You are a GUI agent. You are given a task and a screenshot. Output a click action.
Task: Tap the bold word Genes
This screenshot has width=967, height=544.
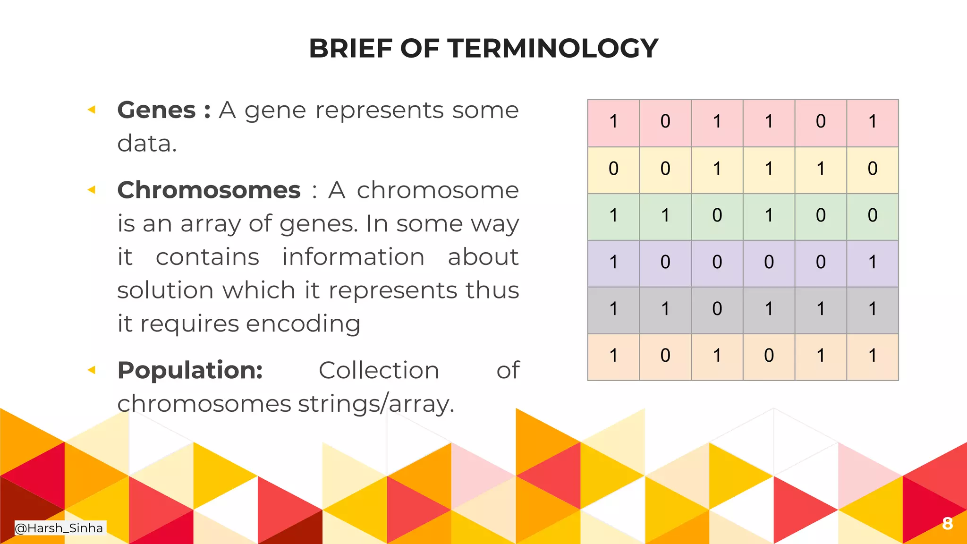tap(156, 110)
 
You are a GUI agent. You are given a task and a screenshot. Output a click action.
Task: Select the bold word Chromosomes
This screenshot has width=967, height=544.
tap(209, 190)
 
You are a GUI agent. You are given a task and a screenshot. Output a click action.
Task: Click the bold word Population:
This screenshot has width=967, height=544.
tap(190, 370)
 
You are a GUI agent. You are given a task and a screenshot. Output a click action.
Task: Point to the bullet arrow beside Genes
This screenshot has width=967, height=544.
tap(92, 110)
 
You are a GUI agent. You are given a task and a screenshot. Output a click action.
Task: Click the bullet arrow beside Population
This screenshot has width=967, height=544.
tap(92, 370)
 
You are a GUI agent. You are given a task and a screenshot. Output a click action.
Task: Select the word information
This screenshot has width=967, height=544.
tap(353, 257)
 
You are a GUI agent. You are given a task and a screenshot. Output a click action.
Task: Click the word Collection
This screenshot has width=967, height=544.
tap(379, 370)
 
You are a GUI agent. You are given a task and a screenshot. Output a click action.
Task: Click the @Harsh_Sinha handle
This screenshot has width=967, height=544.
tap(59, 528)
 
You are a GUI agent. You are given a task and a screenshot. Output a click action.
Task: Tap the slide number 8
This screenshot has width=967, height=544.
tap(947, 523)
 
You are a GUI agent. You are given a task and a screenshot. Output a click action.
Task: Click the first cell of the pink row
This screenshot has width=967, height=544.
tap(613, 122)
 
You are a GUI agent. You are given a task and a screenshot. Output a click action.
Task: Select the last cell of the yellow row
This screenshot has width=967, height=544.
tap(872, 169)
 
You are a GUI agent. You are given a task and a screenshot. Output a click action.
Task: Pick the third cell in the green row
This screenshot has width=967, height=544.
tap(717, 216)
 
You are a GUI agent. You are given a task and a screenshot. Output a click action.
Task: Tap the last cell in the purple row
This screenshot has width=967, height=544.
tap(872, 263)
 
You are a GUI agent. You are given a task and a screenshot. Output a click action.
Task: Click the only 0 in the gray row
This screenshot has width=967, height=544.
tap(717, 309)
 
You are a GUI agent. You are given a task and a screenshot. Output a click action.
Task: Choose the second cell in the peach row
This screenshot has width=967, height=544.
tap(665, 356)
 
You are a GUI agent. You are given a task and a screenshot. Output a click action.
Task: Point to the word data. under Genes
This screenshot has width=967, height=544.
tap(147, 144)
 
